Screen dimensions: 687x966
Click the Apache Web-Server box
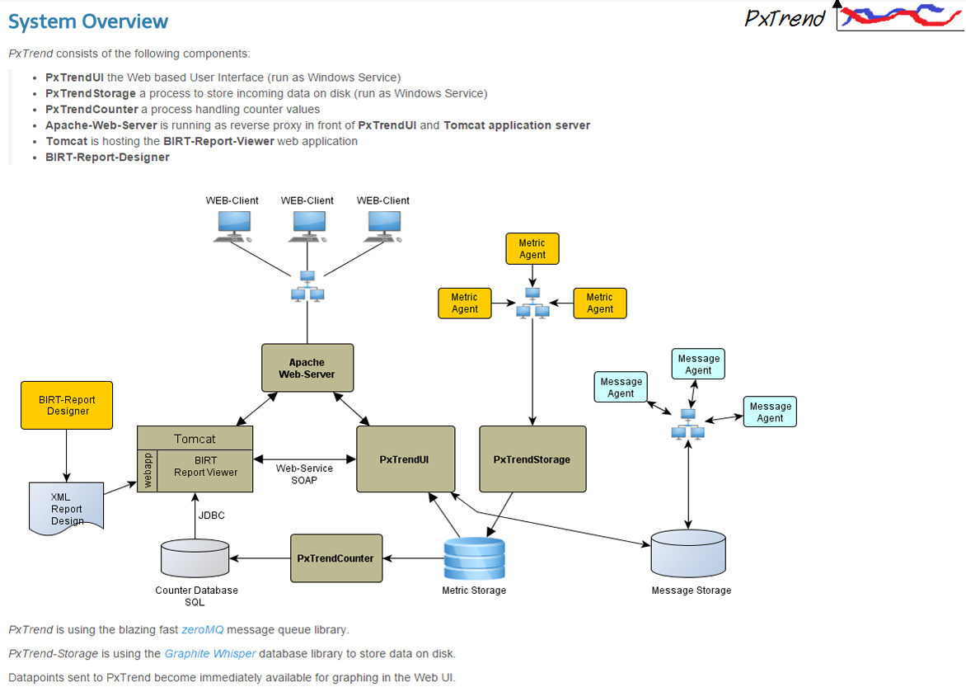point(307,368)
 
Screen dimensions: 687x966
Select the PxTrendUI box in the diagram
point(405,459)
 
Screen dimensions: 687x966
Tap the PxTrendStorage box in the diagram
point(532,459)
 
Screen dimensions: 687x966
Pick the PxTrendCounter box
point(335,558)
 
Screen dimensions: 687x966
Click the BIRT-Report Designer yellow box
point(67,405)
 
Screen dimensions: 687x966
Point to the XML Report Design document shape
point(67,506)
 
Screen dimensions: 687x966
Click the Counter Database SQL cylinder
point(195,558)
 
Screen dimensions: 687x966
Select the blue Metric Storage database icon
point(474,558)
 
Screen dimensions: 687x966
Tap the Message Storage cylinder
point(688,553)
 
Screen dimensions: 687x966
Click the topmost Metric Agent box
point(532,249)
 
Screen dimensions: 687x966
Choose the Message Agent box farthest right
point(770,412)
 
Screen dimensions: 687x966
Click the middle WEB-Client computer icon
point(307,225)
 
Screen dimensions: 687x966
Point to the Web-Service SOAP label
point(304,474)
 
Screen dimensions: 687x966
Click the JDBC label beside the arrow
point(212,515)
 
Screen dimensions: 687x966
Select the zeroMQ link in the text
point(203,630)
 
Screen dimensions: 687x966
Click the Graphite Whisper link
point(209,654)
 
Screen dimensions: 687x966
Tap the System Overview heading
point(88,22)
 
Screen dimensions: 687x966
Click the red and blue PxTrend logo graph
point(898,15)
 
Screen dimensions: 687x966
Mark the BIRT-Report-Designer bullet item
point(107,158)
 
